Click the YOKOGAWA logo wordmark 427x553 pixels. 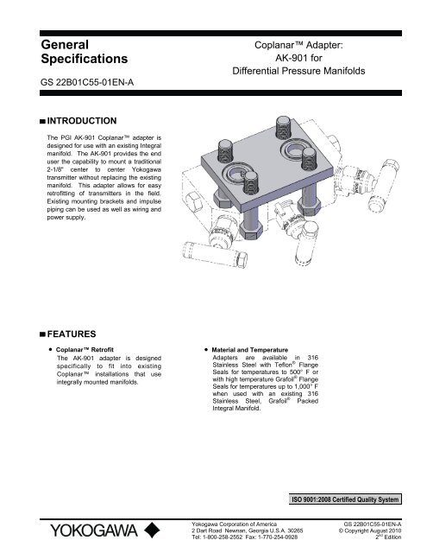coord(87,526)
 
